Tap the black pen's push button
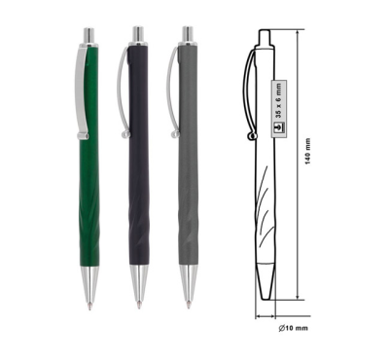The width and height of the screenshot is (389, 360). tap(138, 34)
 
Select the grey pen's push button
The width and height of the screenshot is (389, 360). tap(188, 34)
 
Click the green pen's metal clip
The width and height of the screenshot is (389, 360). tap(81, 92)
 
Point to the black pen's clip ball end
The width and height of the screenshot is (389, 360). tap(124, 134)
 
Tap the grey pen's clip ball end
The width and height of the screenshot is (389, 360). tap(175, 134)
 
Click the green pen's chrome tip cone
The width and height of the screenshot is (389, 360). tap(89, 285)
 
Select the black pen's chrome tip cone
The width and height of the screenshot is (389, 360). tap(139, 284)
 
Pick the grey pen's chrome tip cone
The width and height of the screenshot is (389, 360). tap(189, 284)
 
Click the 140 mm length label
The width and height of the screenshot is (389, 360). tap(307, 151)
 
